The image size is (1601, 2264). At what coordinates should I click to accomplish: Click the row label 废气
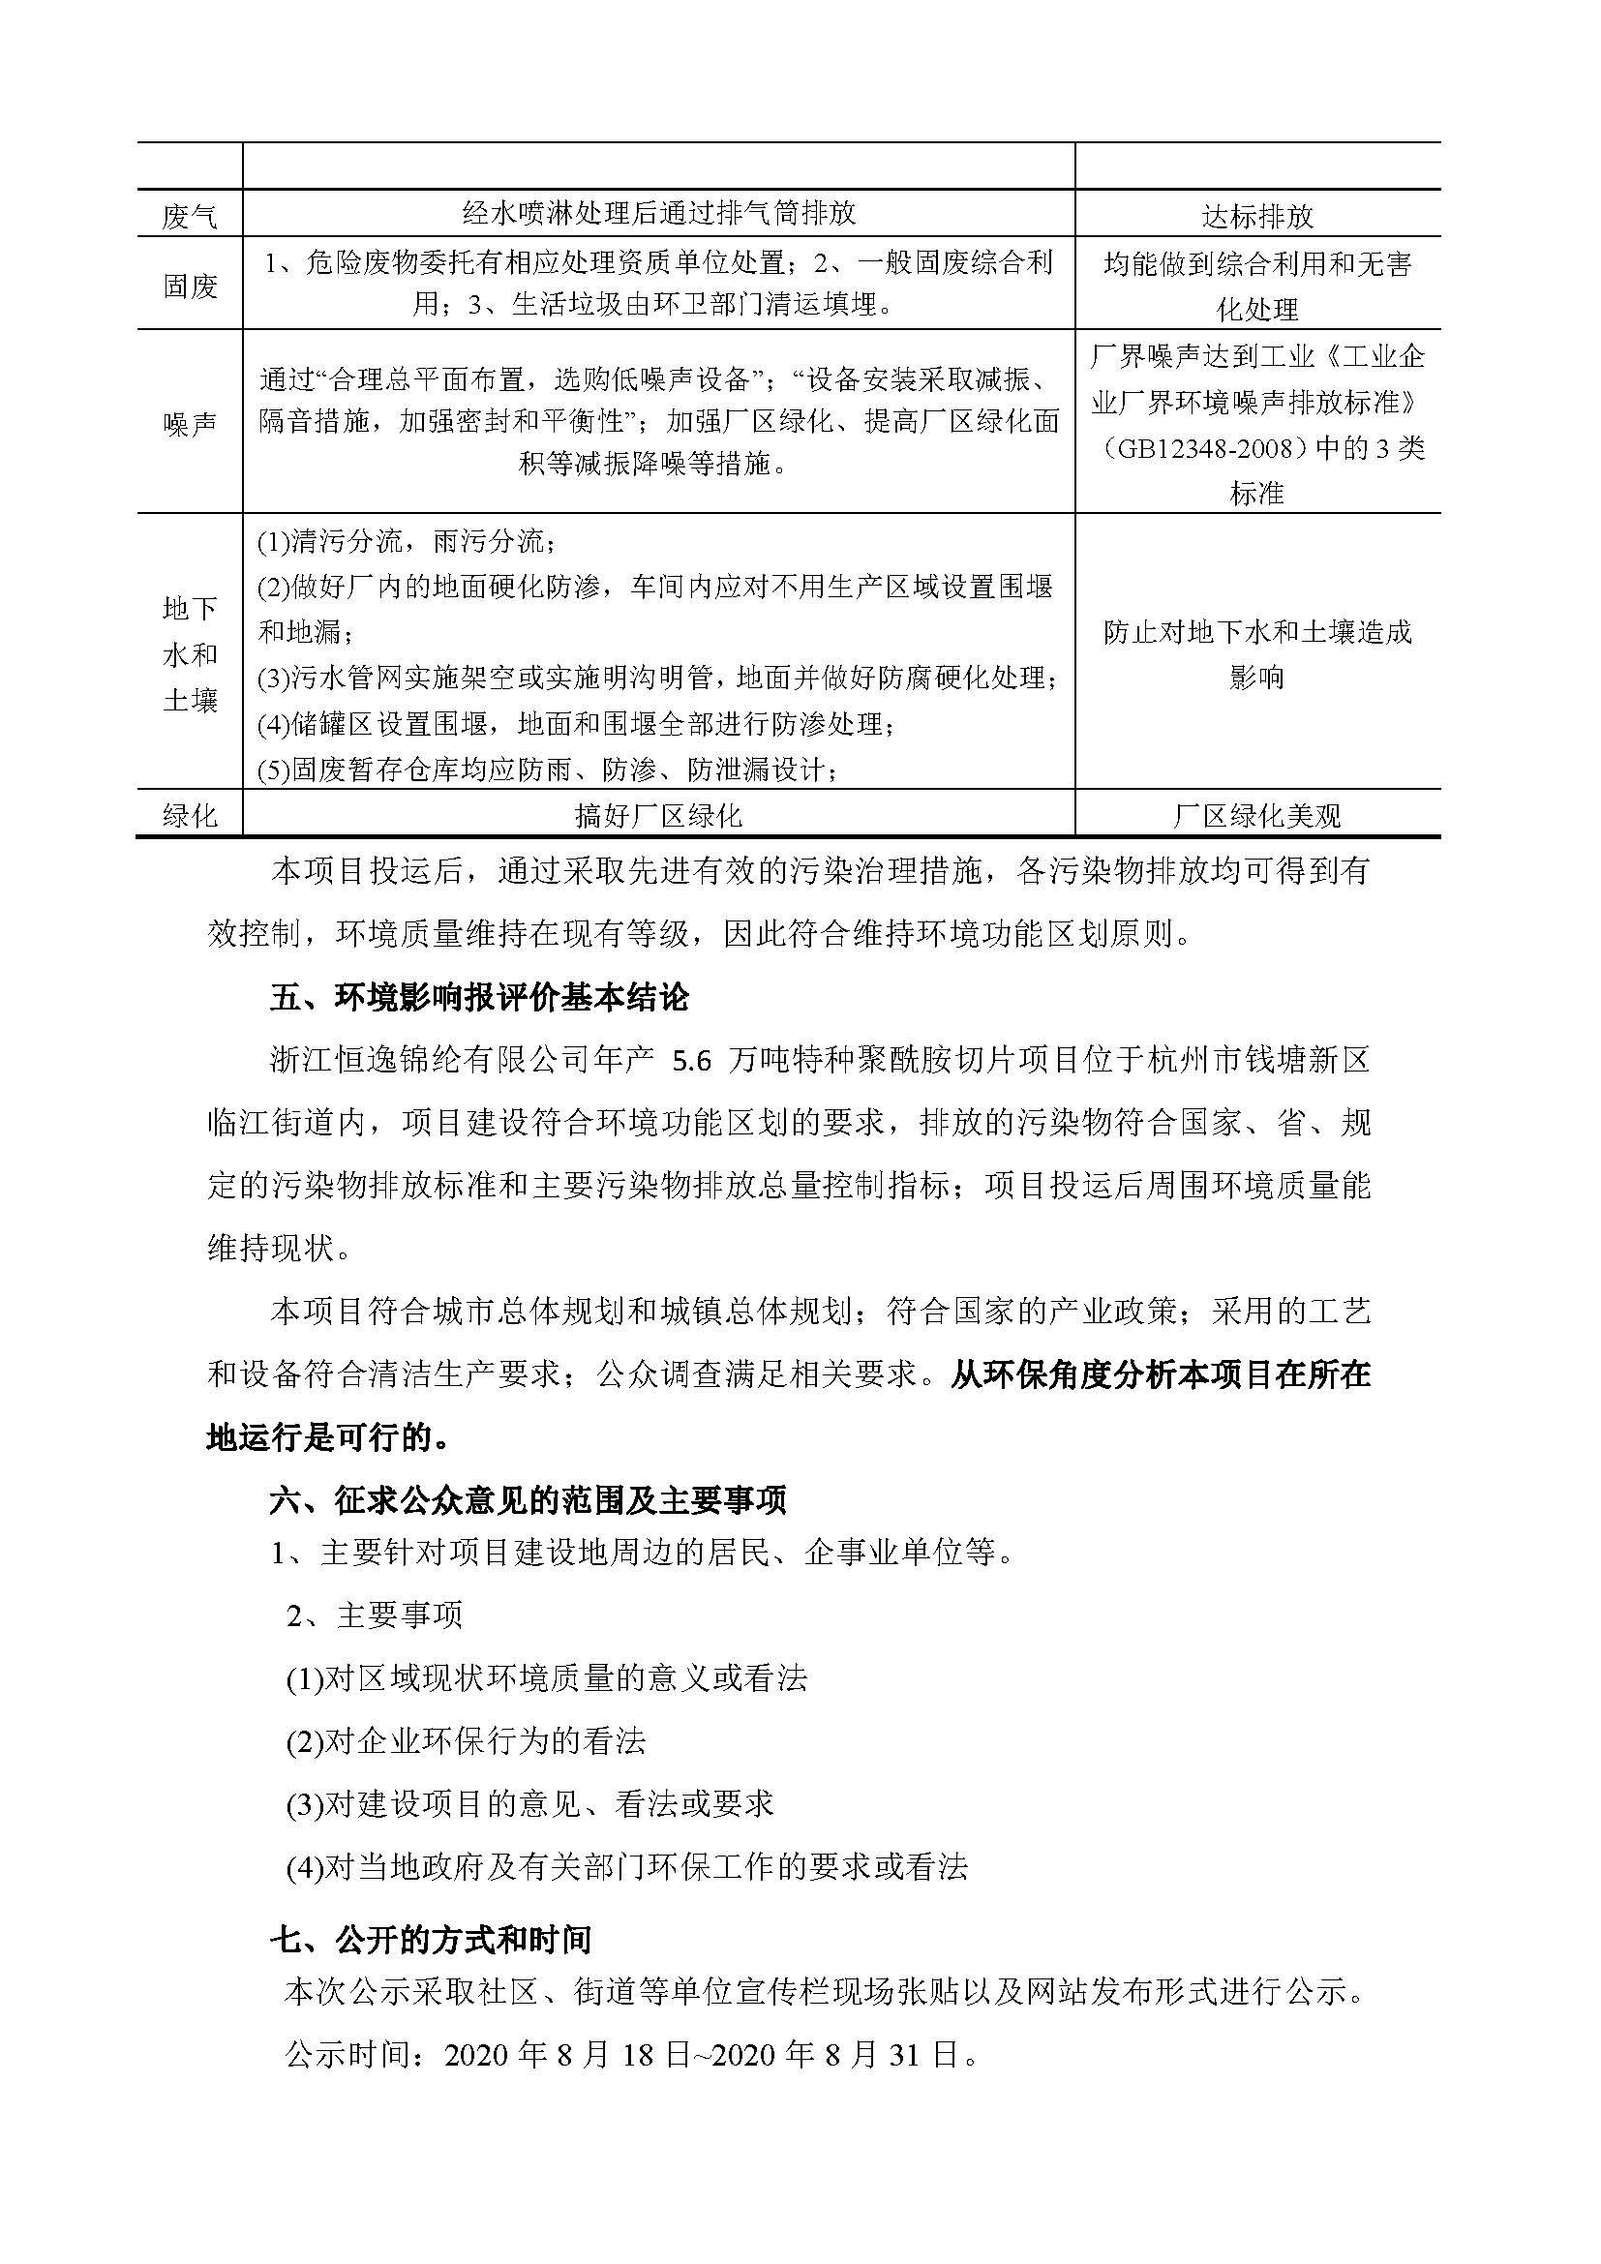(x=190, y=216)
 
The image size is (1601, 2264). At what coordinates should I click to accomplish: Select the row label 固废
(x=190, y=286)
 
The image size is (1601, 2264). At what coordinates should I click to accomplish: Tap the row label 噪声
(x=190, y=424)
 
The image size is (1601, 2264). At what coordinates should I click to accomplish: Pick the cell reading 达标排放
(x=1257, y=216)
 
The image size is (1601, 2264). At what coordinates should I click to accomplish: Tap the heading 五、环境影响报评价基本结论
(x=479, y=998)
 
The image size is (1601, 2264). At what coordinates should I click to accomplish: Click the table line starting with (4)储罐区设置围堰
(x=576, y=724)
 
